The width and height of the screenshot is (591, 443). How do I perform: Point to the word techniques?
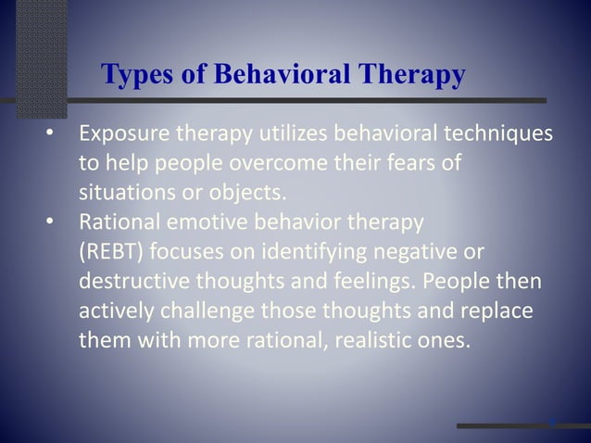[x=502, y=136]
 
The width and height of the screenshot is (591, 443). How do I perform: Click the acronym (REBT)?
[x=106, y=251]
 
